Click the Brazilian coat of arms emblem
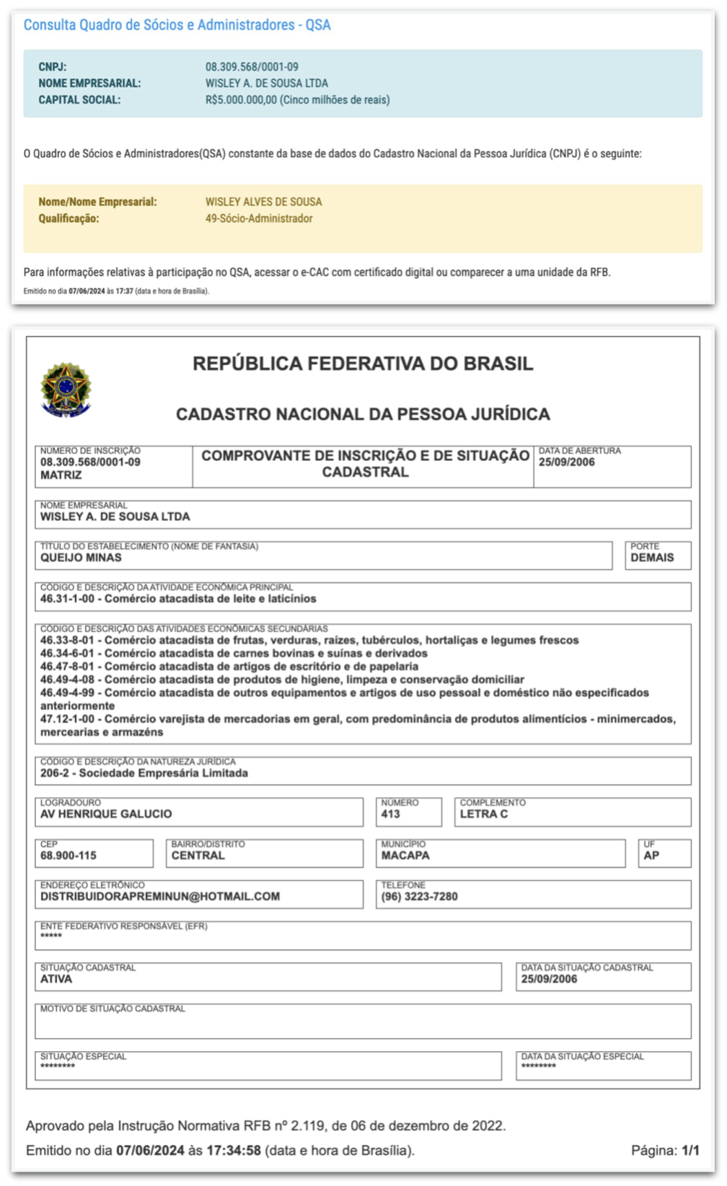coord(66,390)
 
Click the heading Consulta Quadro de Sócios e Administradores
coord(177,25)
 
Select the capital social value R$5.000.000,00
coord(241,100)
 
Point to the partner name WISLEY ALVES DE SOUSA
coord(263,202)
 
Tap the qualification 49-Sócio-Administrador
coord(259,219)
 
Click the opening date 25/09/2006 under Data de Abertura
coord(566,462)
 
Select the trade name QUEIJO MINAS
coord(81,558)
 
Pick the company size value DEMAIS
coord(652,558)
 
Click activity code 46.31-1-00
coord(67,599)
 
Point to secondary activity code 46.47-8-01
coord(67,667)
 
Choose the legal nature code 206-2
coord(55,773)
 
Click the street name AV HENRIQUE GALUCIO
coord(106,814)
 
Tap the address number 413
coord(390,814)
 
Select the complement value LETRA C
coord(483,814)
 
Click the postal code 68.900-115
coord(68,856)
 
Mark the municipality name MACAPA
coord(405,856)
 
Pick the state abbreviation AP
coord(651,856)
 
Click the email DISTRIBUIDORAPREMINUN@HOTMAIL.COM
coord(160,897)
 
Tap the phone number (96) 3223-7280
coord(419,897)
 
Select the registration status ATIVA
coord(56,980)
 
